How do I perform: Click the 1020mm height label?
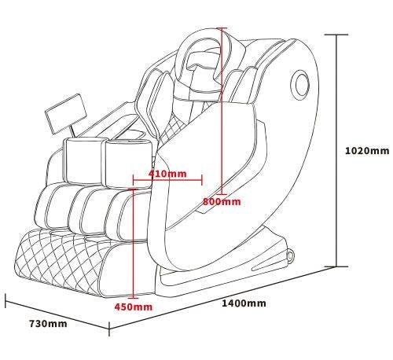[x=367, y=151]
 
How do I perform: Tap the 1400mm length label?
[x=244, y=303]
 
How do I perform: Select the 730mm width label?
[x=48, y=324]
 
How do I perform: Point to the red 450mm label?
[x=134, y=307]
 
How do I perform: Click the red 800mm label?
[x=222, y=202]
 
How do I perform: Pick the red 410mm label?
[x=167, y=174]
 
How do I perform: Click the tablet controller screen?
[x=66, y=114]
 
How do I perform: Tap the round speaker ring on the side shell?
[x=300, y=84]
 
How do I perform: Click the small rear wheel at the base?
[x=290, y=257]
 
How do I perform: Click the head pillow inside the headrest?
[x=203, y=69]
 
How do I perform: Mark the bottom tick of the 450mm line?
[x=134, y=298]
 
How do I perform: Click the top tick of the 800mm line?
[x=222, y=28]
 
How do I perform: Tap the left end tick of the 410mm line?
[x=134, y=180]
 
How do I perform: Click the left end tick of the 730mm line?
[x=6, y=301]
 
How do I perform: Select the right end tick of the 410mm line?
[x=202, y=180]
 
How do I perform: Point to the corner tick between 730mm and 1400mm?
[x=109, y=329]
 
